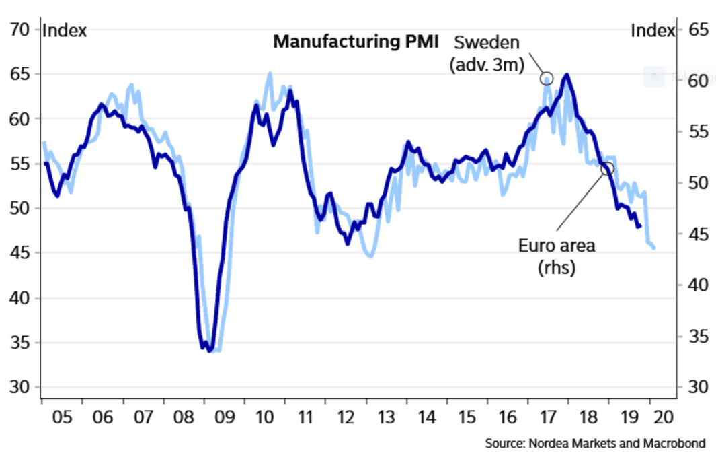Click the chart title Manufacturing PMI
pos(355,42)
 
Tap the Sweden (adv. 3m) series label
pos(487,53)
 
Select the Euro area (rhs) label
pos(557,256)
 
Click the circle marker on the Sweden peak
pos(547,79)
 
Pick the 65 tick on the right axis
pos(699,30)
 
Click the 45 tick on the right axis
pos(699,234)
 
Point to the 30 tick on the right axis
pos(699,388)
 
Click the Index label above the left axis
pos(65,30)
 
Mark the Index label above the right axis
pos(652,30)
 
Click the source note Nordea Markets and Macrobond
pos(595,444)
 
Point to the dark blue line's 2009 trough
pos(210,350)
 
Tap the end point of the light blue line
pos(654,249)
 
